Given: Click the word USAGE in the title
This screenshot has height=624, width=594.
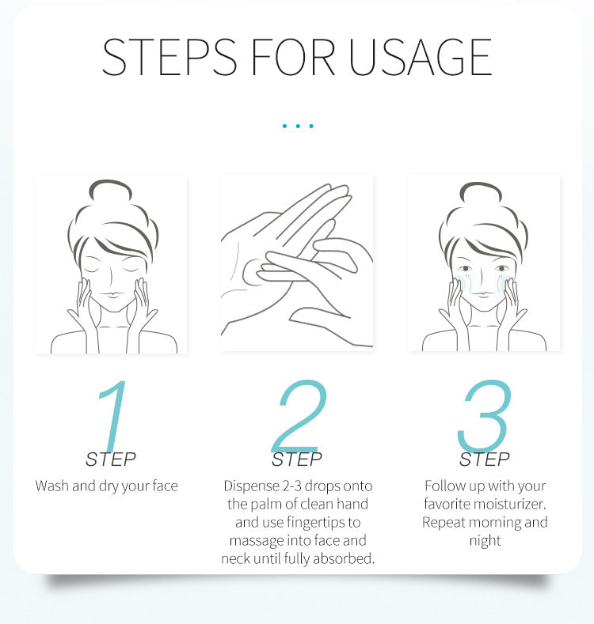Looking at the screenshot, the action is tap(421, 57).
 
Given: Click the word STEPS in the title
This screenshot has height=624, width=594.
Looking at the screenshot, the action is tap(169, 57).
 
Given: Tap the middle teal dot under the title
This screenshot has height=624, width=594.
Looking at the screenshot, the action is tap(298, 127).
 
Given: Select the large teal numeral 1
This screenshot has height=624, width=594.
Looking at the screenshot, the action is tap(113, 415).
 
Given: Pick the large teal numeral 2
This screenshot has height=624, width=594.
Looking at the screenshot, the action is tap(299, 415).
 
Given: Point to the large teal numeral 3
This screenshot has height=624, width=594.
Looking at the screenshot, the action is tap(485, 415).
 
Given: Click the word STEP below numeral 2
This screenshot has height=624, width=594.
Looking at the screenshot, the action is tap(296, 459).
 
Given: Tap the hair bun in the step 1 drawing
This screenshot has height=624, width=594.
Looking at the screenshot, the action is tap(110, 190).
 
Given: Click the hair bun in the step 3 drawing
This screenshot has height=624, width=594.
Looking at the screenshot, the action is tap(481, 192).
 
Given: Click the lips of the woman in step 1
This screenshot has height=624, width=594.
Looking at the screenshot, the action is tap(112, 295).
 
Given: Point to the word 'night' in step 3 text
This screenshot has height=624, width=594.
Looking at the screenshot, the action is tap(485, 541).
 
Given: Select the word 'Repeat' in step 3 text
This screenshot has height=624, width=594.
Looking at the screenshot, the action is tap(442, 523).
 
